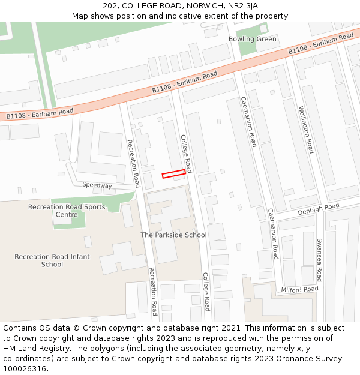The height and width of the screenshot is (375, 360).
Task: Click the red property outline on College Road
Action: tap(173, 173)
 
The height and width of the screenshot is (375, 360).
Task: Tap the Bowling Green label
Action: tap(252, 40)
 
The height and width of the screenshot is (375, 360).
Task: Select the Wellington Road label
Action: tap(306, 129)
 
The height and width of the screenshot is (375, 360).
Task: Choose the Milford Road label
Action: tap(299, 289)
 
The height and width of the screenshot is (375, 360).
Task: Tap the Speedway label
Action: tap(97, 185)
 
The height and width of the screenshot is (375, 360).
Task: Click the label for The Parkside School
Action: tap(173, 235)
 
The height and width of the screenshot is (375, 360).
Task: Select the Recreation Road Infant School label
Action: tap(52, 260)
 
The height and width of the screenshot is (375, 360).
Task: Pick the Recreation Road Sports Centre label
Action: tap(67, 211)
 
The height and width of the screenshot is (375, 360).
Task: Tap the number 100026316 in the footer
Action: tap(25, 368)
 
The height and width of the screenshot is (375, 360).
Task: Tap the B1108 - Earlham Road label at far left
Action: tap(40, 113)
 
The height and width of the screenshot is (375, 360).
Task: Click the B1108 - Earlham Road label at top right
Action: tap(320, 44)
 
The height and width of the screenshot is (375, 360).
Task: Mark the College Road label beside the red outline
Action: tap(186, 154)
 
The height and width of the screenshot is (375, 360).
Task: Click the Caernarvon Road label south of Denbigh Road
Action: tap(273, 234)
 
